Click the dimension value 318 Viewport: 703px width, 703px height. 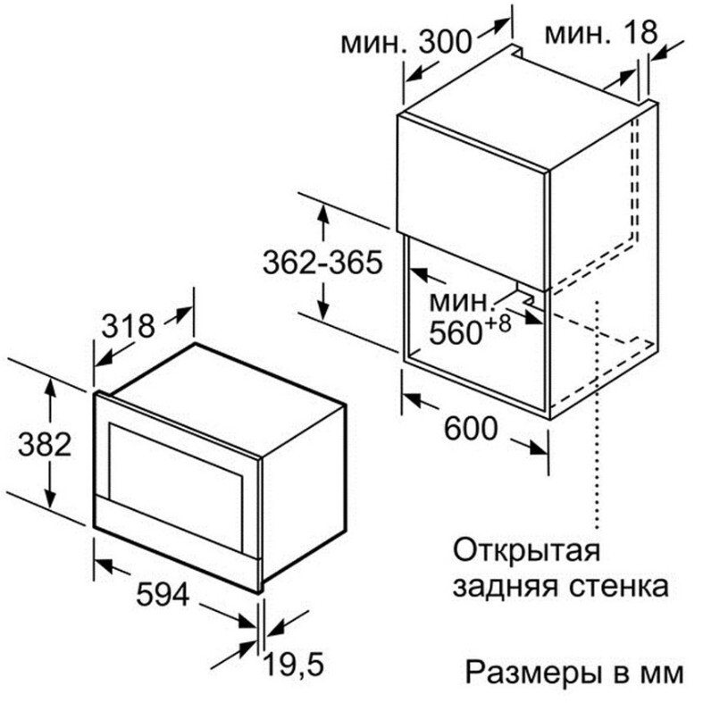click(129, 326)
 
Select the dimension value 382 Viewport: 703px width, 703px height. click(45, 444)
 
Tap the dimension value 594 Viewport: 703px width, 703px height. click(163, 595)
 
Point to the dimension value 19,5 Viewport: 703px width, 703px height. click(293, 664)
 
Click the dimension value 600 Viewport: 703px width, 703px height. click(471, 428)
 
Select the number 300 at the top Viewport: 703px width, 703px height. click(445, 42)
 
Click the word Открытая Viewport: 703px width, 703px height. click(526, 550)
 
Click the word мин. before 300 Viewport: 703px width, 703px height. click(374, 43)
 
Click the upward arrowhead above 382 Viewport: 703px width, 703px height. click(50, 388)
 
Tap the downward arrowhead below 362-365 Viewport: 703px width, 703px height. click(323, 309)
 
